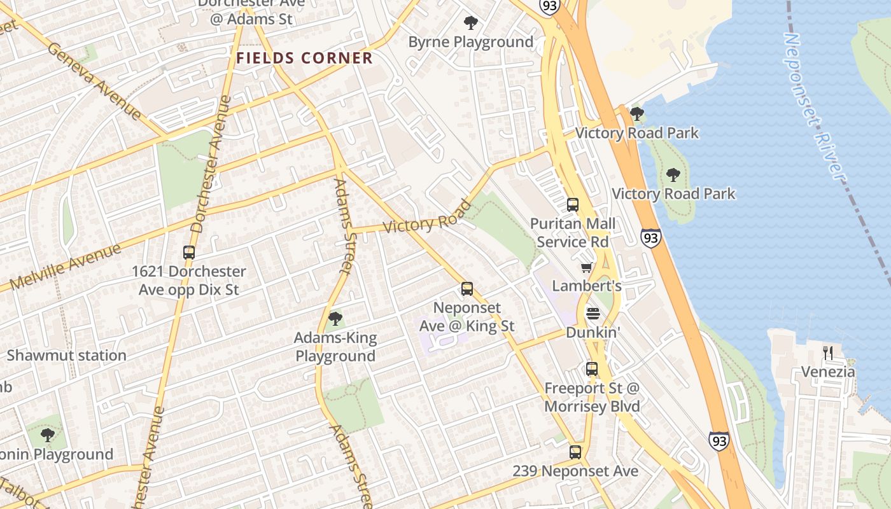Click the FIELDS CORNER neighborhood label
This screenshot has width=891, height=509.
point(304,58)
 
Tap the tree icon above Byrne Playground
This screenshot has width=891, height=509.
point(471,24)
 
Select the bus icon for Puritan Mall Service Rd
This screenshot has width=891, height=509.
point(573,205)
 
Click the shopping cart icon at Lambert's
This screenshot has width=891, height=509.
point(586,267)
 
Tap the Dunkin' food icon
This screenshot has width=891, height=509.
point(593,314)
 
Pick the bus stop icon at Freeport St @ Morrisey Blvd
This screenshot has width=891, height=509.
point(592,369)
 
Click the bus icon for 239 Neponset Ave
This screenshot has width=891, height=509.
point(575,452)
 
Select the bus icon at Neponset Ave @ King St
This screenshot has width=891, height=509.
point(467,289)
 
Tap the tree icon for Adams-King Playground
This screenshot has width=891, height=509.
point(335,319)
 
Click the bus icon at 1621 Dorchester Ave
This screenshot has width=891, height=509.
point(189,253)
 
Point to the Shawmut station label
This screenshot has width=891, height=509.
point(66,355)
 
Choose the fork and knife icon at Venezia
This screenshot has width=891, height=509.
point(828,353)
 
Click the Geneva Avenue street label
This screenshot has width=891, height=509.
point(94,81)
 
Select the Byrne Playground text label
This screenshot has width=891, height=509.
point(471,42)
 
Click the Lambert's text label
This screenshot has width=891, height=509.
point(586,286)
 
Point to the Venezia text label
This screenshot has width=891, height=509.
point(828,372)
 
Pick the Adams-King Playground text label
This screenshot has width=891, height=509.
point(335,347)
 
